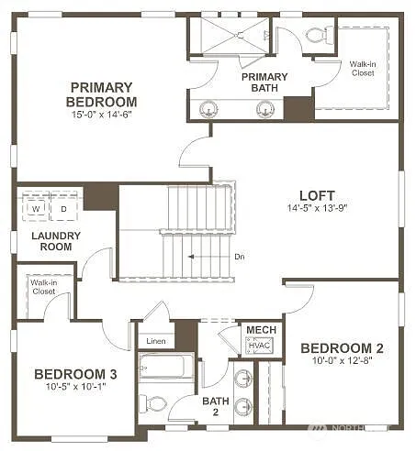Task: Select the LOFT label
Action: [317, 195]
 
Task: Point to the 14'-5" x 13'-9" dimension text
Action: [317, 208]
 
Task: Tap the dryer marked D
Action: [64, 209]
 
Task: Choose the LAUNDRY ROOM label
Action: [56, 241]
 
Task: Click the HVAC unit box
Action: [255, 346]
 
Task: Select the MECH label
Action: [255, 329]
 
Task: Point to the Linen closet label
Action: [156, 341]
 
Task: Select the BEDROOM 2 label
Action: [342, 348]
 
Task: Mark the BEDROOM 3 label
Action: [75, 373]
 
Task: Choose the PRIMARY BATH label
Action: [264, 82]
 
